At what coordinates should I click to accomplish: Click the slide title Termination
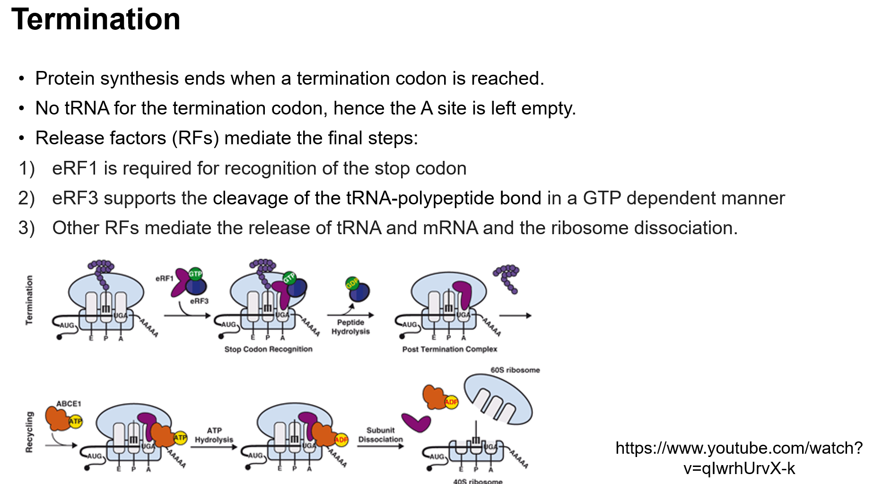click(x=96, y=20)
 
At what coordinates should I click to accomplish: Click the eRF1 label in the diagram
click(x=164, y=278)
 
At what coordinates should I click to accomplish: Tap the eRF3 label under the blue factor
click(x=199, y=301)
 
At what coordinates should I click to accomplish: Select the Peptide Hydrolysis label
click(x=350, y=326)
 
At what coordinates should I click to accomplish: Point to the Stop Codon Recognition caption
click(x=268, y=349)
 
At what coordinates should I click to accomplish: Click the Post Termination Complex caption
click(x=449, y=349)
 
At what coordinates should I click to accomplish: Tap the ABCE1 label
click(x=69, y=404)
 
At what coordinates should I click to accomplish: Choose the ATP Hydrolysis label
click(x=214, y=435)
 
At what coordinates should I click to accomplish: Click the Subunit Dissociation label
click(x=380, y=435)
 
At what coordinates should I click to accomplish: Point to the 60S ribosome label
click(x=515, y=370)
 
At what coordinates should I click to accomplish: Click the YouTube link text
click(x=739, y=458)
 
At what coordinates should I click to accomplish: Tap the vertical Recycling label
click(x=29, y=431)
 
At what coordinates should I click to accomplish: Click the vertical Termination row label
click(x=29, y=300)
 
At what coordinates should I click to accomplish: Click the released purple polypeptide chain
click(x=507, y=277)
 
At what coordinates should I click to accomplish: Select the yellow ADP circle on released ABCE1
click(x=451, y=402)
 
